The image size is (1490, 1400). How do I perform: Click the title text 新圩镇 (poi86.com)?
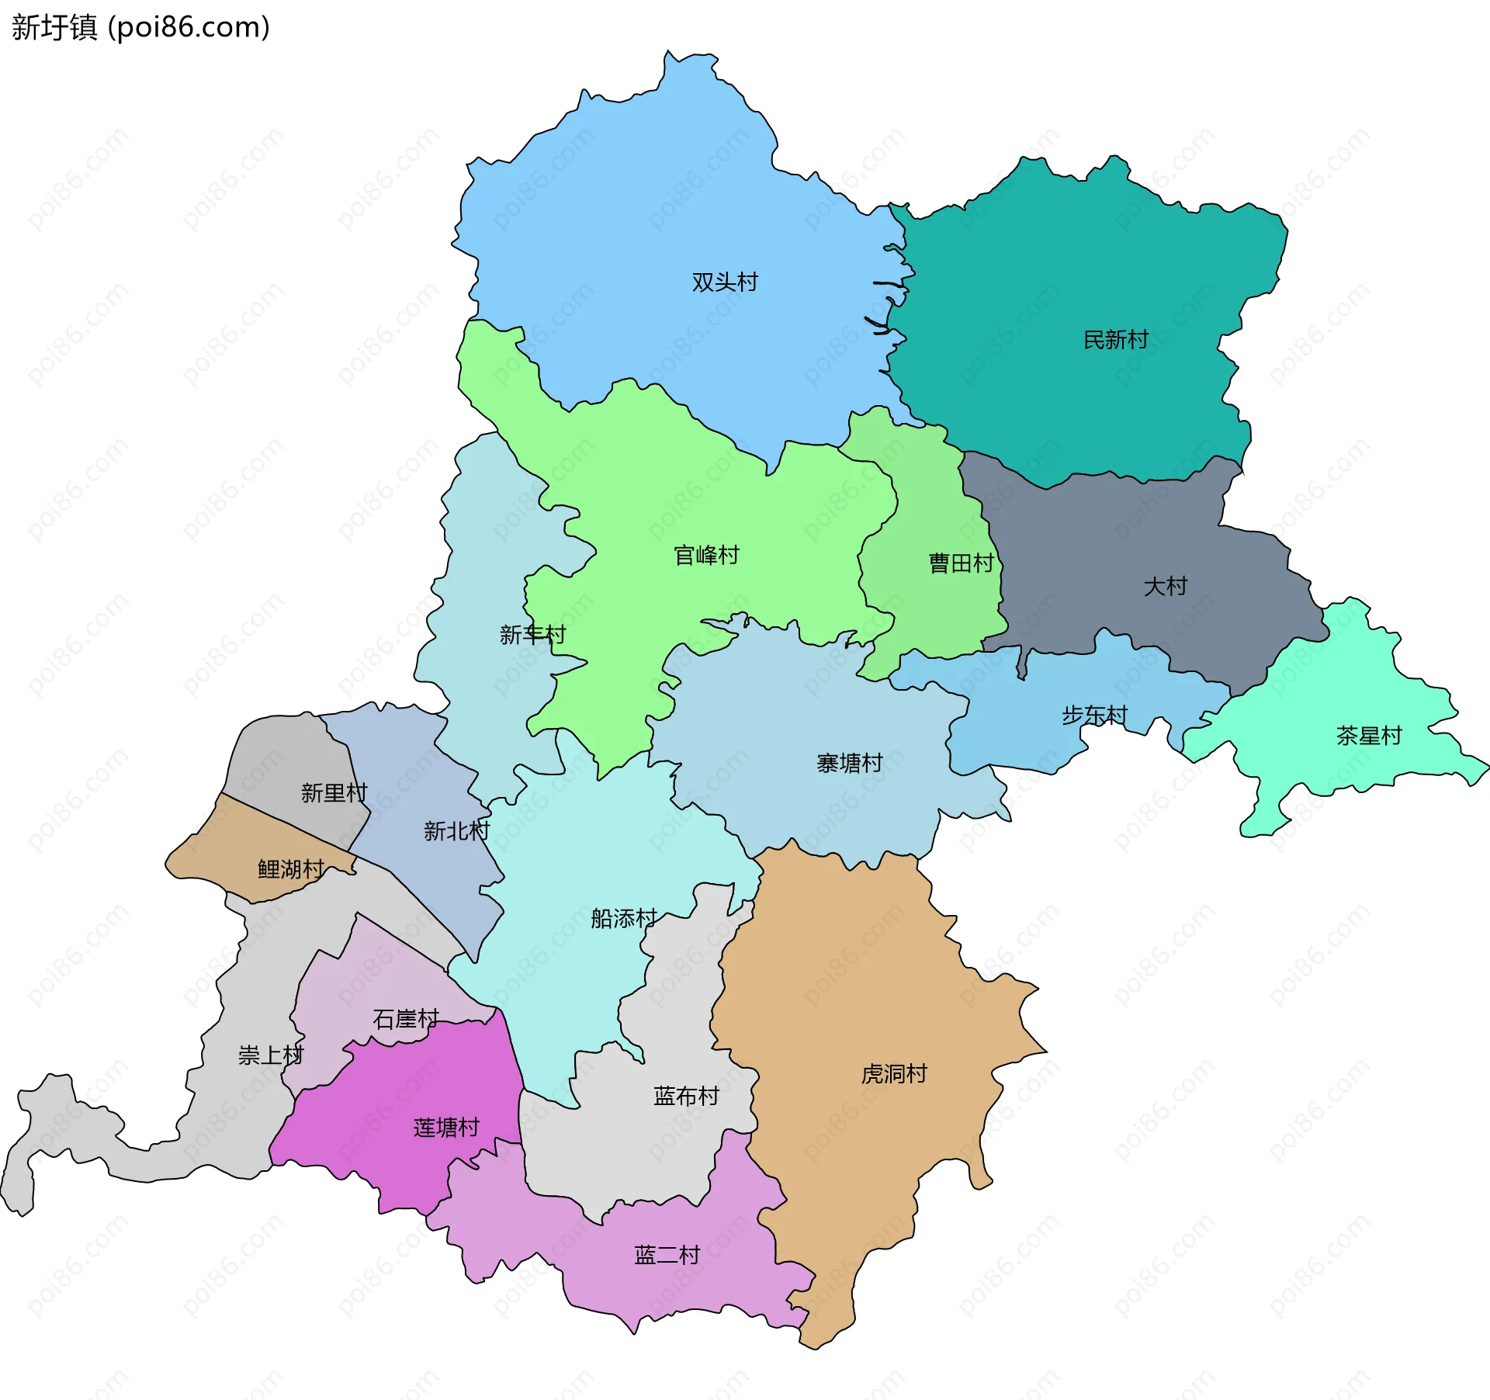(140, 28)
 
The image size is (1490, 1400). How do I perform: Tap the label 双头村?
(725, 282)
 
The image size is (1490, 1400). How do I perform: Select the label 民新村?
(1115, 339)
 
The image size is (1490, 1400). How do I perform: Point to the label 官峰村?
(706, 555)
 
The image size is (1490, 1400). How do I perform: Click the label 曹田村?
(961, 563)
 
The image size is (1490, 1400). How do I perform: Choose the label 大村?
(1165, 586)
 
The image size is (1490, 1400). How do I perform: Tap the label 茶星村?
(1369, 735)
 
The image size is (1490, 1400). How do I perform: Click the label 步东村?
(1094, 715)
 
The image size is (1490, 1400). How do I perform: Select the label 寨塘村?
(849, 763)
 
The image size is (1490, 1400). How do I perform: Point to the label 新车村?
(532, 635)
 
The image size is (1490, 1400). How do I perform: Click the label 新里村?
(334, 792)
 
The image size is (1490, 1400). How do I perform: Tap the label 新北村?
(456, 831)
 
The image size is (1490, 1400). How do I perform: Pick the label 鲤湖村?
(290, 868)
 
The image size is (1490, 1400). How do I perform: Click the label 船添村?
(623, 918)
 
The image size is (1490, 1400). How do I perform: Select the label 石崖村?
(405, 1018)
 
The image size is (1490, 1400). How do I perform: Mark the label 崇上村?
(270, 1055)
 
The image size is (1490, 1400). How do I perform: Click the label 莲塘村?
(446, 1127)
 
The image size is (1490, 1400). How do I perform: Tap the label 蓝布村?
(686, 1096)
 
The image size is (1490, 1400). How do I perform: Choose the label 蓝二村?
(667, 1255)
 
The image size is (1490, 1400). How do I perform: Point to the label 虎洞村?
(894, 1073)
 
